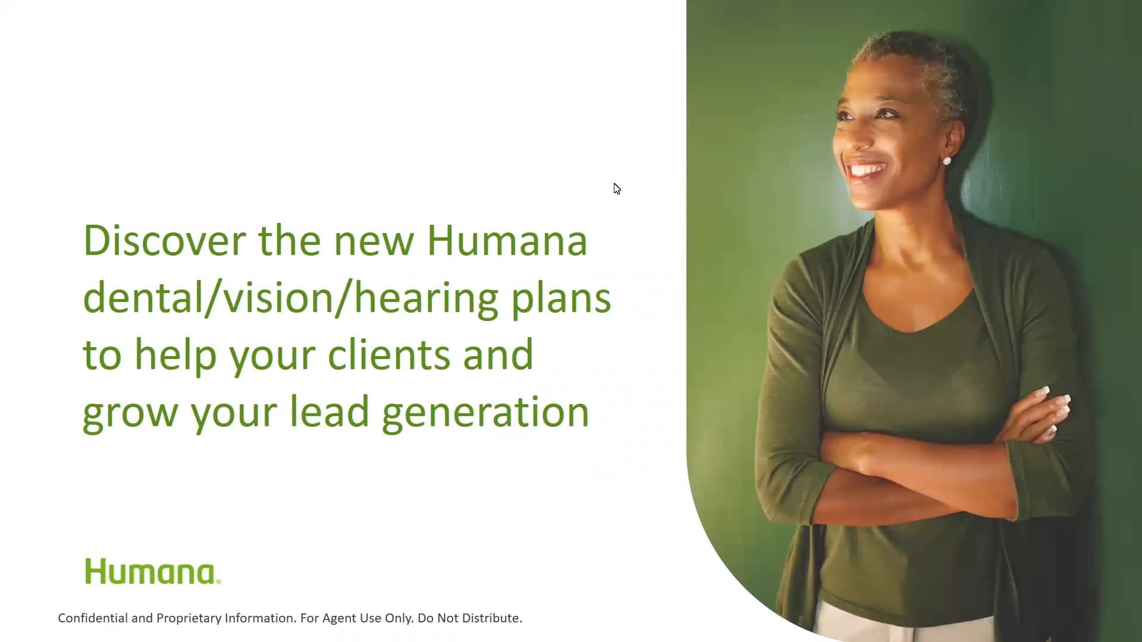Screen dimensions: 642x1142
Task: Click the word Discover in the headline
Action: [x=164, y=241]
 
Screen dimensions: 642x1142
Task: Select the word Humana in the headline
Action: [x=507, y=241]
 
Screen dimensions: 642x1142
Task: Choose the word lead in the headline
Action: [x=329, y=412]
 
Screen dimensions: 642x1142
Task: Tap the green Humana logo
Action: [x=152, y=571]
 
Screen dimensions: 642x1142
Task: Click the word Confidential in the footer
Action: [x=93, y=618]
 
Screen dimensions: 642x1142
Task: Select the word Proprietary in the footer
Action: [x=189, y=618]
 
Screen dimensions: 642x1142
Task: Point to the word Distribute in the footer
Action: [x=492, y=618]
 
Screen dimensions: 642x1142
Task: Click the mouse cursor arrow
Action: [x=617, y=188]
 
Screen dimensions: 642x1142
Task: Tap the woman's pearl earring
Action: [x=946, y=160]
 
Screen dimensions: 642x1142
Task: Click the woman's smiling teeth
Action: [x=867, y=171]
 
